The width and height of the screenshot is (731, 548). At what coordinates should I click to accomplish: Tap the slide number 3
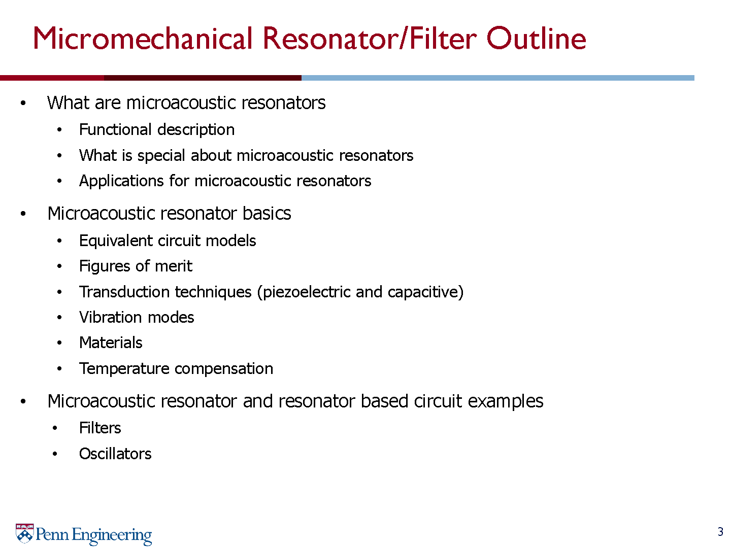[x=720, y=531]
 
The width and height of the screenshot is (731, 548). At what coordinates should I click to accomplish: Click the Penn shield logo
[x=25, y=533]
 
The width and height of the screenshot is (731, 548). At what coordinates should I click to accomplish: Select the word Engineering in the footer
[x=112, y=535]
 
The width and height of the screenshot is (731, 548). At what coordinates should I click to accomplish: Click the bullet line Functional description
[x=157, y=130]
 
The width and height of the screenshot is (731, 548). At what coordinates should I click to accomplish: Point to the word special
[x=161, y=156]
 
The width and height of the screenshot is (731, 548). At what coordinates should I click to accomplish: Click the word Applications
[x=121, y=181]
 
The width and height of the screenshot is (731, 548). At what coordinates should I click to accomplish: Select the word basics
[x=267, y=213]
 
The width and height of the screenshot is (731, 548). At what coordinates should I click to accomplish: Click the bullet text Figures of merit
[x=136, y=266]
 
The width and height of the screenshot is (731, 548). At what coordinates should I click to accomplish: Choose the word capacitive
[x=423, y=292]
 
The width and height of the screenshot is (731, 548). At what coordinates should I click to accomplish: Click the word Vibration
[x=111, y=318]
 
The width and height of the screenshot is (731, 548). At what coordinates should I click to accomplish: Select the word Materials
[x=111, y=343]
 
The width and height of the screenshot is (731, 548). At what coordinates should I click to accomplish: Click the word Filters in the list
[x=100, y=428]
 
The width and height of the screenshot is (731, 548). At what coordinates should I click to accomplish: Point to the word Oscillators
[x=115, y=454]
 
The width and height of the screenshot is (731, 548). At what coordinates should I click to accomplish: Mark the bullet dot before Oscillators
[x=55, y=454]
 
